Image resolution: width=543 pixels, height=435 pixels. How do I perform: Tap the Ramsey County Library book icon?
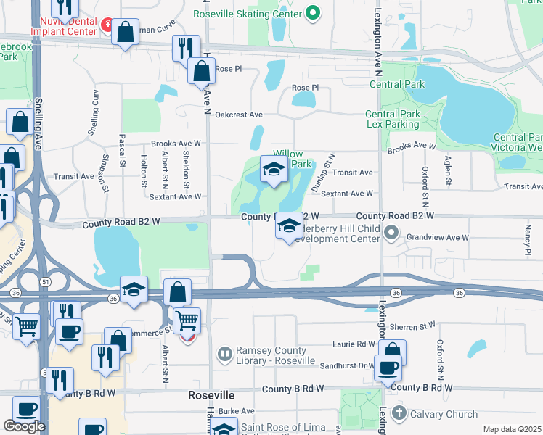point(225,354)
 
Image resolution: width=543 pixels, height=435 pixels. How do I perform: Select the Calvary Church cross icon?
point(399,414)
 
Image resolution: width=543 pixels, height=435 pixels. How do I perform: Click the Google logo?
point(24,426)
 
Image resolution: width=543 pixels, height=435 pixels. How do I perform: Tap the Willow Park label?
point(292,159)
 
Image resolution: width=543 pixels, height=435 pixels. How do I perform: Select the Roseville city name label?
point(211,395)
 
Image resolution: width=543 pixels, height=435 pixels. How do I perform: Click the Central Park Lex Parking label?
point(393,120)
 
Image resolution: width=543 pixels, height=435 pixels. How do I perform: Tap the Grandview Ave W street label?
point(438,237)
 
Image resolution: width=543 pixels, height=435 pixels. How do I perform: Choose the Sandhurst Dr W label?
point(340,366)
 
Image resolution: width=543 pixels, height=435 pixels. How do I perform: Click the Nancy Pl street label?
point(528,235)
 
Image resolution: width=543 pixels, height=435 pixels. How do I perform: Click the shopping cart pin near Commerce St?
point(187,320)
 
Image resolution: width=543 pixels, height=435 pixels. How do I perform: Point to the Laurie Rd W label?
point(351,344)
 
